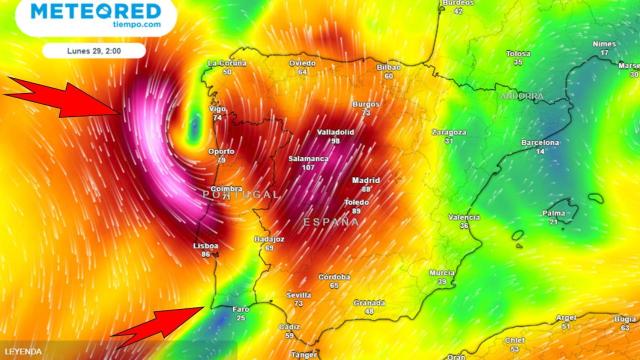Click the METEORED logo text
(96, 12)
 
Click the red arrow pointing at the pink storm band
(66, 99)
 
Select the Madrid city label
(366, 181)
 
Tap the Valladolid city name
(336, 132)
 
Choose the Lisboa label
(205, 245)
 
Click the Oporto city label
(221, 152)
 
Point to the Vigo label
(218, 108)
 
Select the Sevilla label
(299, 295)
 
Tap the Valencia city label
(464, 217)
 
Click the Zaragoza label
(449, 132)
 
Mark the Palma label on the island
(553, 213)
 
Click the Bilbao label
(388, 67)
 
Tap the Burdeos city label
(457, 3)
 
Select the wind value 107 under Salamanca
(308, 168)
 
